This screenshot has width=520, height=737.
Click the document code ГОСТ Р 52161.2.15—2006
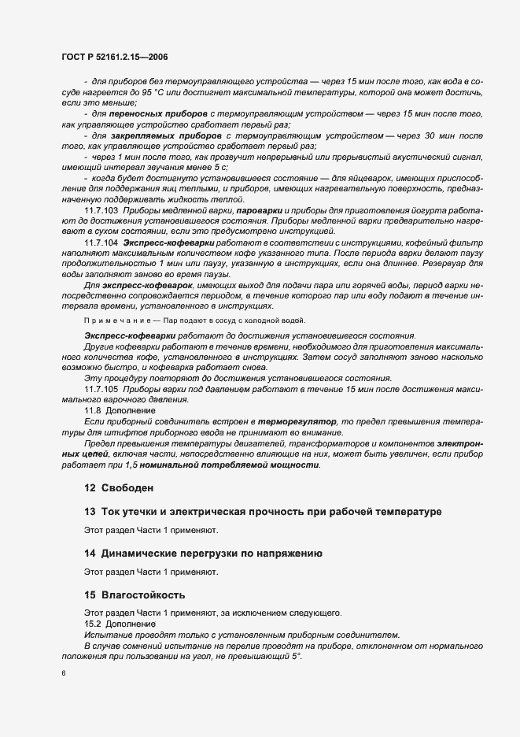tap(113, 57)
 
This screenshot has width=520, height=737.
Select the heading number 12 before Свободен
tap(89, 488)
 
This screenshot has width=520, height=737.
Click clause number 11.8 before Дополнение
tap(92, 410)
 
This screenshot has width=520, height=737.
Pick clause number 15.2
tap(92, 623)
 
